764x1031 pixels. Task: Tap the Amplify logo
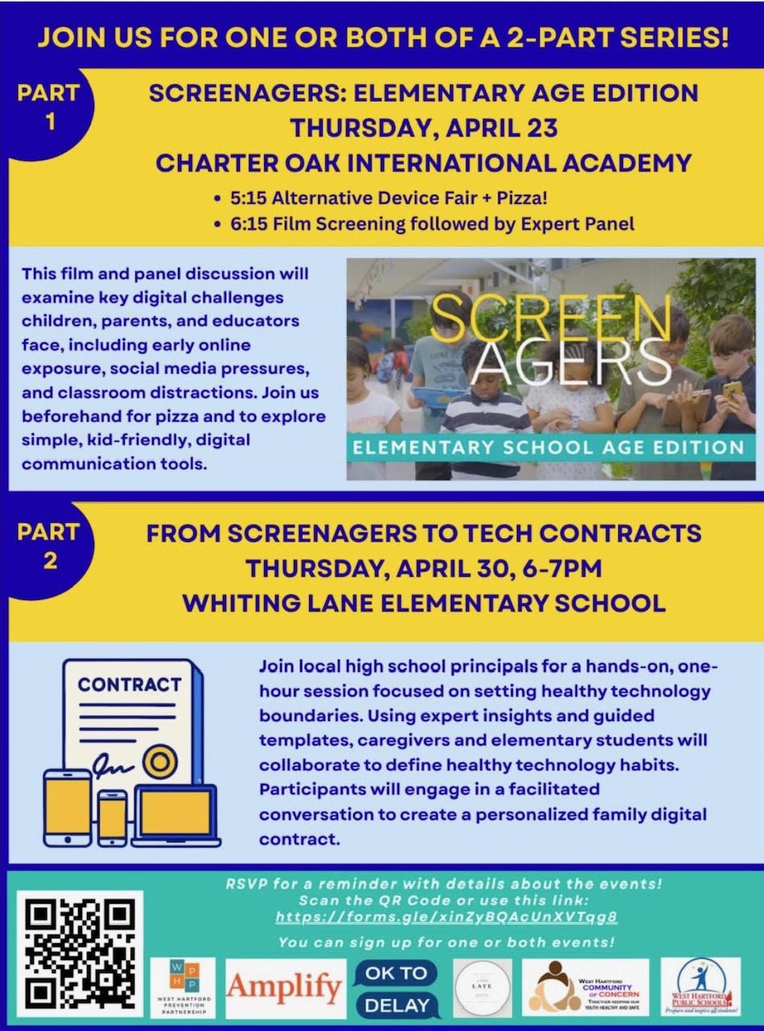tap(285, 988)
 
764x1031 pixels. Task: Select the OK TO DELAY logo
tap(397, 988)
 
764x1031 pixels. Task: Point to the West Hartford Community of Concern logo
tap(589, 988)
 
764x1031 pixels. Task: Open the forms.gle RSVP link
tap(446, 917)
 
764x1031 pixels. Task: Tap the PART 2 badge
tap(49, 545)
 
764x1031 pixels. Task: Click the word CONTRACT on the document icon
tap(130, 685)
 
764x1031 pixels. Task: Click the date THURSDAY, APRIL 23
tap(423, 128)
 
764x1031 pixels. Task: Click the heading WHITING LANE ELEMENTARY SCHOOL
tap(423, 602)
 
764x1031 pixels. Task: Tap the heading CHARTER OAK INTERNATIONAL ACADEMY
tap(423, 163)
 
